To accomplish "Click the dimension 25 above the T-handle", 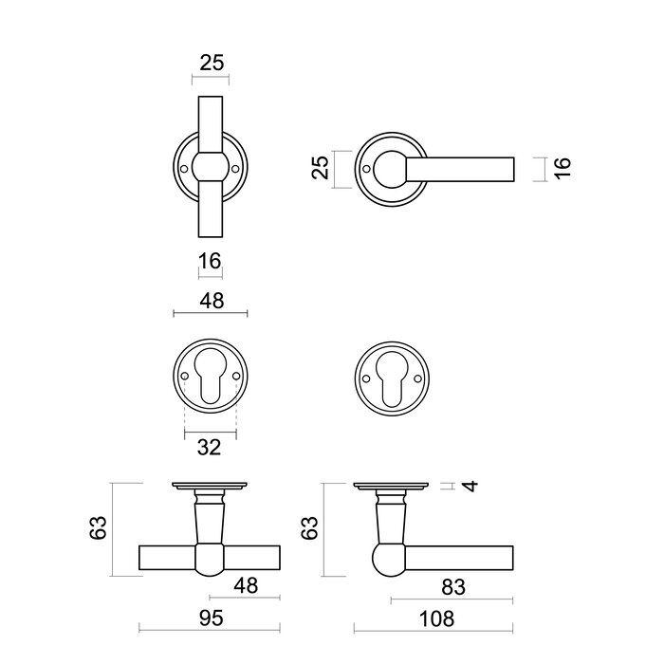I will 212,64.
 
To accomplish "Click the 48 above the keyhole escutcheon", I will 211,301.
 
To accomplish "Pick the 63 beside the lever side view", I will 306,528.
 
